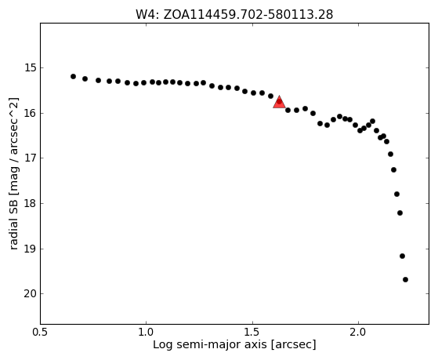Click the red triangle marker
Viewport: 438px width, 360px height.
click(280, 103)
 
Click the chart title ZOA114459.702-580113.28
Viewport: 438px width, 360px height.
click(248, 15)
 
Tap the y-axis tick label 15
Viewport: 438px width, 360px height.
click(30, 68)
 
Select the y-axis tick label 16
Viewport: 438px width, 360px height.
click(30, 113)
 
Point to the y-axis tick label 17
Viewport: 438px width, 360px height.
click(30, 158)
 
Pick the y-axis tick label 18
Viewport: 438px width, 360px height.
click(30, 204)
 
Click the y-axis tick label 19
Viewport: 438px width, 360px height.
click(30, 249)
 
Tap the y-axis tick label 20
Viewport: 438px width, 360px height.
click(30, 294)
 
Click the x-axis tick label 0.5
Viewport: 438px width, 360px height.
click(40, 333)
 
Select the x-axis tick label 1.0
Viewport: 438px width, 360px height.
click(146, 333)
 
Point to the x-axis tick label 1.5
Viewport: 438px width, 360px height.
click(252, 333)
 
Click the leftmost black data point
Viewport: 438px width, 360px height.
click(73, 76)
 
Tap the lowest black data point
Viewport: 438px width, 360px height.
click(405, 279)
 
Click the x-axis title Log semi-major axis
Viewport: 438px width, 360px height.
click(209, 345)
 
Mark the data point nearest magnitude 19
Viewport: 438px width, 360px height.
click(402, 256)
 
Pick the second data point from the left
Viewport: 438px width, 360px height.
click(85, 79)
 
